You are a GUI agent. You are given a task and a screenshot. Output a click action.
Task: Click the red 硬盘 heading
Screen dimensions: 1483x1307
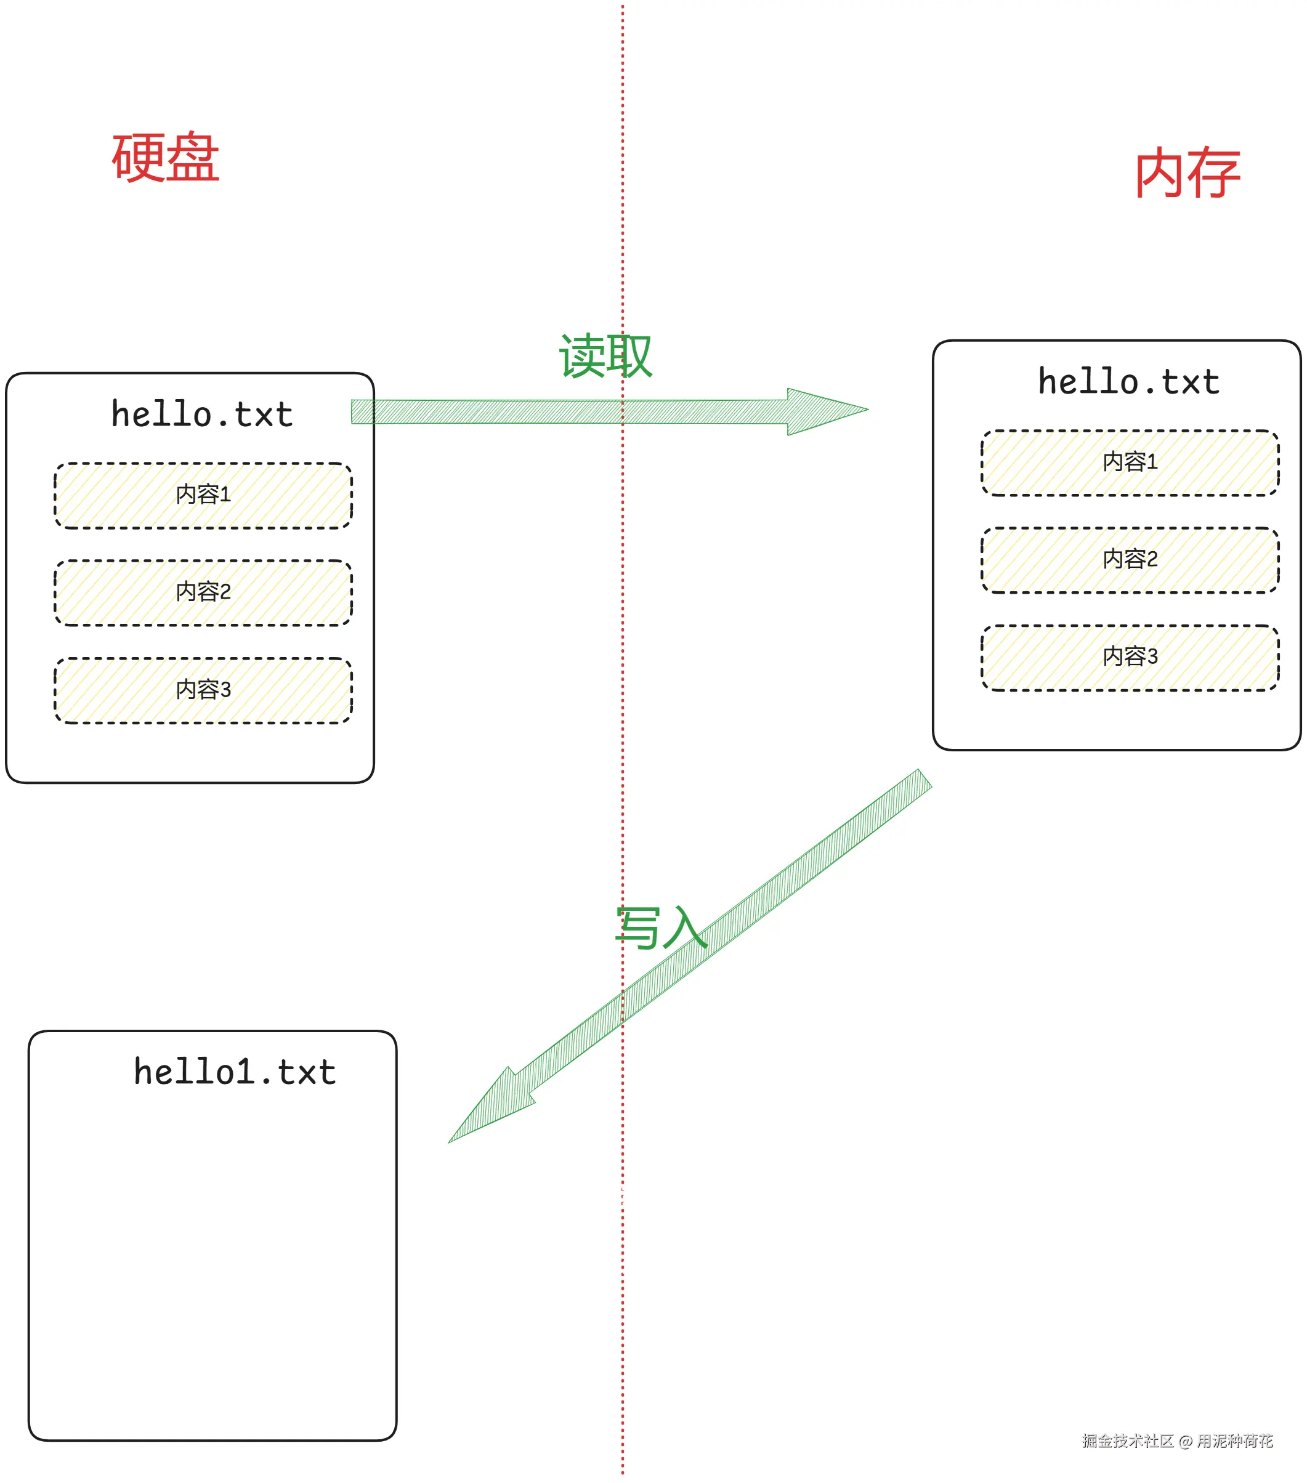166,158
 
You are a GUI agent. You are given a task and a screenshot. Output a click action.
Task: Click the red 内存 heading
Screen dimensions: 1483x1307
1188,172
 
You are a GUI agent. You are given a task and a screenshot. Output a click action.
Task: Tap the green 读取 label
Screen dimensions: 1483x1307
605,355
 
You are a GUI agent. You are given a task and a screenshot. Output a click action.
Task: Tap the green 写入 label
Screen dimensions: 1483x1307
660,928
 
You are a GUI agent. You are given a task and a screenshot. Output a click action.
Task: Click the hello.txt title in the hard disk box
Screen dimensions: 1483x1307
202,414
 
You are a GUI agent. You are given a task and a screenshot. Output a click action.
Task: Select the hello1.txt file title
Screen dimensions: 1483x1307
235,1072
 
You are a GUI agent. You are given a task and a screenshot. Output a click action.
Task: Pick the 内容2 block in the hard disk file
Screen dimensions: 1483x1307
203,592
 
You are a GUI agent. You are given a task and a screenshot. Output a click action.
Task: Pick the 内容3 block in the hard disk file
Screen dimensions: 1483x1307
203,690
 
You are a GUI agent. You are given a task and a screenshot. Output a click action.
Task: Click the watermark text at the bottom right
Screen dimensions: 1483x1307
1176,1441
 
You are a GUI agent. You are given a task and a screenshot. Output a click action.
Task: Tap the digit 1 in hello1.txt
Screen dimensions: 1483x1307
243,1072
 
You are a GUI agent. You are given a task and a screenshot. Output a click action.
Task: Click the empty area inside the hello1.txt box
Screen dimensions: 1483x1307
212,1270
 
